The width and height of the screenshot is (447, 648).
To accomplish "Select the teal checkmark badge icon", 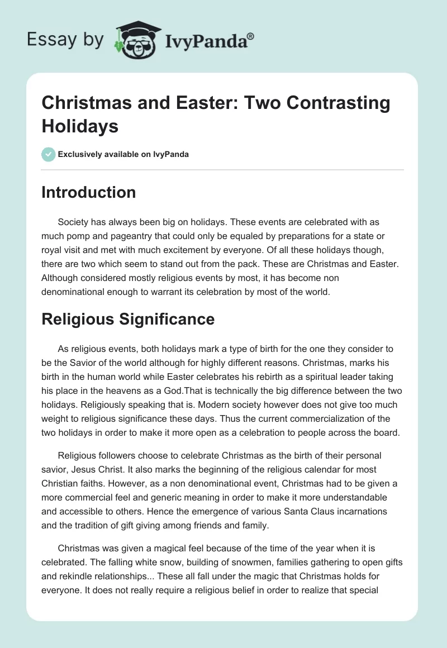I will tap(48, 154).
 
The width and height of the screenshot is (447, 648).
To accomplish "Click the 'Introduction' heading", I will tap(88, 192).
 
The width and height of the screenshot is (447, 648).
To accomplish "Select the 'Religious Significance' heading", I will tap(128, 319).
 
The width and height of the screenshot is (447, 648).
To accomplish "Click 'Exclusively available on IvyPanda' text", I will tap(123, 154).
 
